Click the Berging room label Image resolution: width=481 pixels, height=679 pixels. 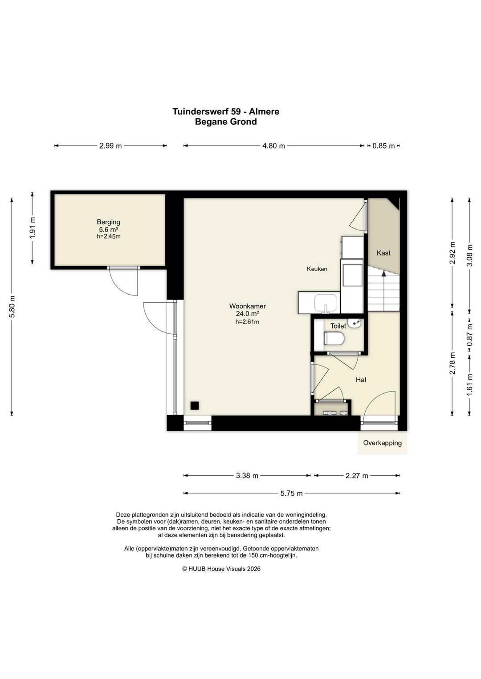click(x=108, y=222)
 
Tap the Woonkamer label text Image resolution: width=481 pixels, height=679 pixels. click(x=247, y=306)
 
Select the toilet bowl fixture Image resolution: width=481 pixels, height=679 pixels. click(x=334, y=338)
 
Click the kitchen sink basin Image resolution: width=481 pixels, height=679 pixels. click(x=326, y=303)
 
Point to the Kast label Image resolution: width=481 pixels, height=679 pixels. click(x=383, y=253)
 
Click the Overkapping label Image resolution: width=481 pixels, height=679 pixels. click(x=383, y=443)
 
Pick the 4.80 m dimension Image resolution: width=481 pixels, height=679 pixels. click(x=273, y=146)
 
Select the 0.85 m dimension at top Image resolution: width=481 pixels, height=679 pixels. click(x=383, y=146)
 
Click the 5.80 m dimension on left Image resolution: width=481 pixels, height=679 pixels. click(x=12, y=307)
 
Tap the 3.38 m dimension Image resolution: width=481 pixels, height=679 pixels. click(x=247, y=476)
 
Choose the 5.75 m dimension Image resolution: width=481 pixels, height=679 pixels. click(x=291, y=493)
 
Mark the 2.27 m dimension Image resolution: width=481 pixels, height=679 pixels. click(x=357, y=476)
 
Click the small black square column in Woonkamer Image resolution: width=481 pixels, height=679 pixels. click(x=195, y=406)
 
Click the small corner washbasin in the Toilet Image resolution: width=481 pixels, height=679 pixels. click(x=355, y=323)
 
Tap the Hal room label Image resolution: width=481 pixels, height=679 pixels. click(x=361, y=380)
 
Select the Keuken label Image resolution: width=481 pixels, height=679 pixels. click(x=317, y=269)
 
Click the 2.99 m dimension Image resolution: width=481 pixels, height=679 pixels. click(x=110, y=146)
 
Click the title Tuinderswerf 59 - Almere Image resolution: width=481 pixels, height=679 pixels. click(x=226, y=112)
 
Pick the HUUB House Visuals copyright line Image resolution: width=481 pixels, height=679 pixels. click(x=221, y=569)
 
